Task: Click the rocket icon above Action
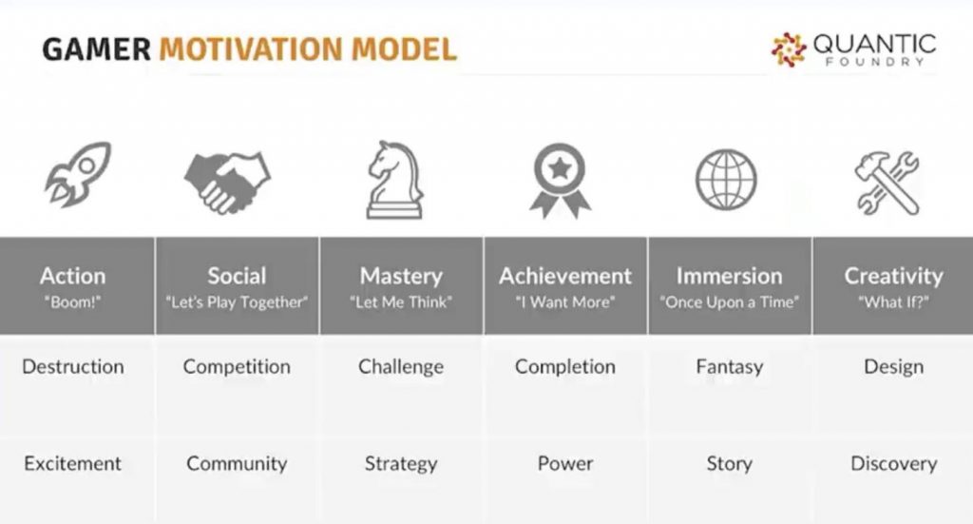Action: point(78,174)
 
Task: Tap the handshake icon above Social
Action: point(227,183)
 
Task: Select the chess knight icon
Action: point(395,180)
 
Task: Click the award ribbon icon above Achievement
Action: point(560,181)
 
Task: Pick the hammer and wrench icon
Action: point(887,184)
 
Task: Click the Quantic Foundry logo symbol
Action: point(789,49)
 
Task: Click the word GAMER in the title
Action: point(96,49)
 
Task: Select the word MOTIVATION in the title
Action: point(251,49)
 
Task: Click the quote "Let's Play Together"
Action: point(237,302)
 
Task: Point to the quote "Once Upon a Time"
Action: point(729,302)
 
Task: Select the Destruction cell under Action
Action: point(73,367)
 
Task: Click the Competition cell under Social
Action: point(237,367)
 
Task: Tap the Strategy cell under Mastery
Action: point(401,464)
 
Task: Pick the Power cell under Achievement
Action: point(565,463)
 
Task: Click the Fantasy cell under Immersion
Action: point(729,367)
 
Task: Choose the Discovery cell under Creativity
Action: point(893,464)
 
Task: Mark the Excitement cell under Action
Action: point(72,463)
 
